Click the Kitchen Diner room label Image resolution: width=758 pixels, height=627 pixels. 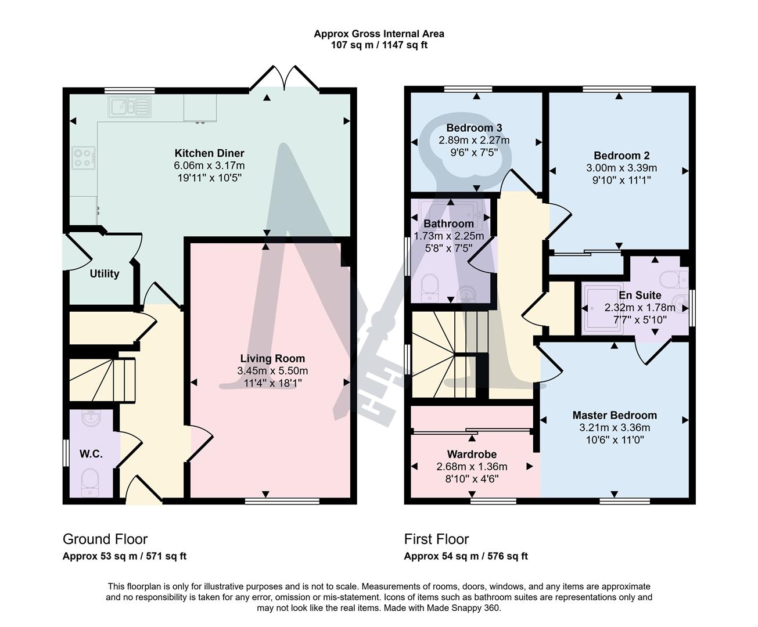tap(209, 153)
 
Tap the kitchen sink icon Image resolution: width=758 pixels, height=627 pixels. tap(129, 107)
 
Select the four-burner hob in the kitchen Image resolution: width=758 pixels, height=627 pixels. tap(84, 158)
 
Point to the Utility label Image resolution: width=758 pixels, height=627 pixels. tap(105, 273)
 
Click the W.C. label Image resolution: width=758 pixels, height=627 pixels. tap(91, 454)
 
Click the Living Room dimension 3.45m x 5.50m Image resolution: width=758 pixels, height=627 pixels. tap(272, 371)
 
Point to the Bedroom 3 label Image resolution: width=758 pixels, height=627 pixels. tap(474, 128)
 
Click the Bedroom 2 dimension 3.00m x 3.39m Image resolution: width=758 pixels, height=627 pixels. tap(622, 168)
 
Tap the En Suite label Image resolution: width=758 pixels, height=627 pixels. tap(640, 295)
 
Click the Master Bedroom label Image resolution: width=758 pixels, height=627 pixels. tap(615, 415)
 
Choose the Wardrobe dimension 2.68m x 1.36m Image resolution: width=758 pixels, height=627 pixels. tap(472, 466)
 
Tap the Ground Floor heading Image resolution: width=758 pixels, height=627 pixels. tap(105, 539)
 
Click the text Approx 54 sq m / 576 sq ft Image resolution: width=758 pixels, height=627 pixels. tap(466, 556)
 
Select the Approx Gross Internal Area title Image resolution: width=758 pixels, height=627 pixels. tap(379, 34)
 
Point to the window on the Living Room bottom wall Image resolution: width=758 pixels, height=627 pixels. tap(282, 500)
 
